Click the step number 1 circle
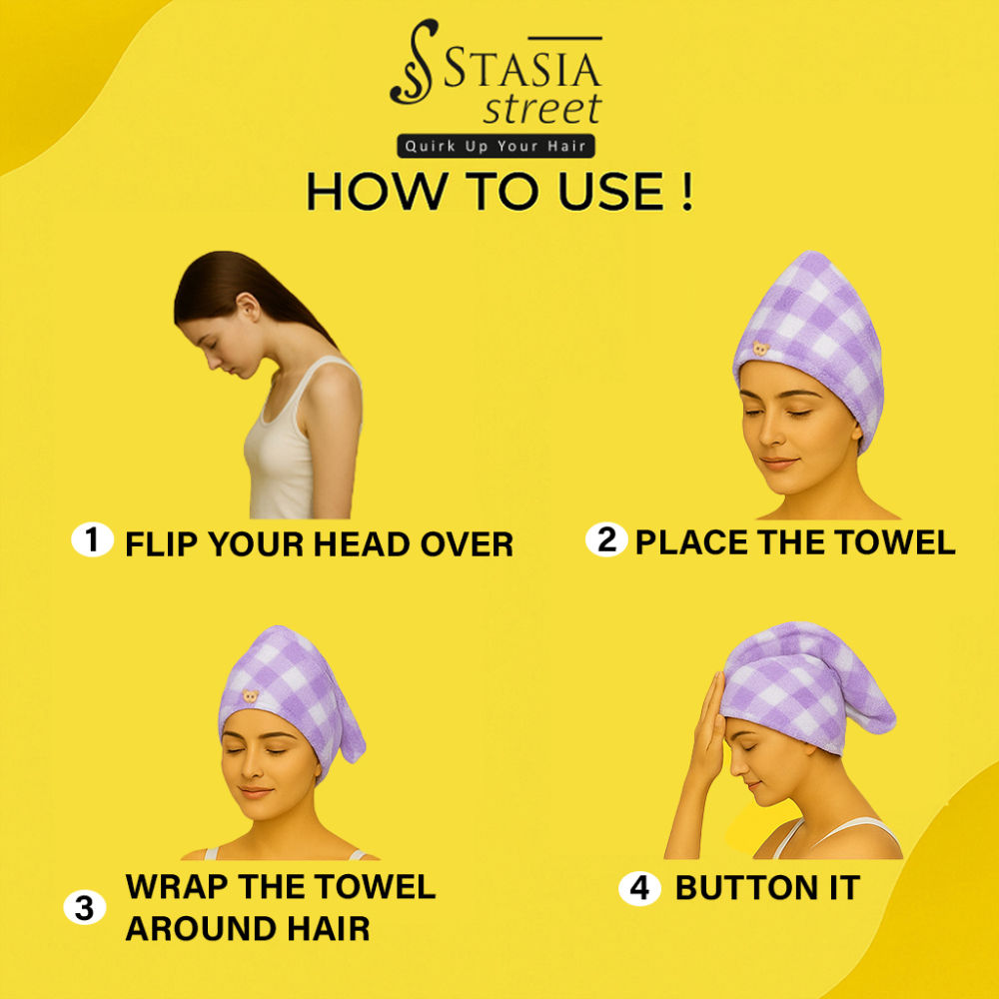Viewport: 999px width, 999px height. tap(92, 540)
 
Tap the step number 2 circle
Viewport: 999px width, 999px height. tap(606, 539)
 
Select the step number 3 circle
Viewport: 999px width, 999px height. tap(85, 907)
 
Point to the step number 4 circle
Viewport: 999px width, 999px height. tap(639, 888)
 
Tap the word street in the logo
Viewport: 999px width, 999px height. tap(542, 109)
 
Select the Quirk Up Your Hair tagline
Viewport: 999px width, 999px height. tap(496, 146)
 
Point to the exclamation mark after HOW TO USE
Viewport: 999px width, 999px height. tap(686, 191)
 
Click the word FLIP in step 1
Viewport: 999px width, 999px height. tap(162, 544)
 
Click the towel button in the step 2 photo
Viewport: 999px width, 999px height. tap(760, 349)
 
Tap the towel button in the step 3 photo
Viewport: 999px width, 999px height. tap(251, 696)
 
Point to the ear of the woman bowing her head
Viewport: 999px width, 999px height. tap(247, 307)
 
